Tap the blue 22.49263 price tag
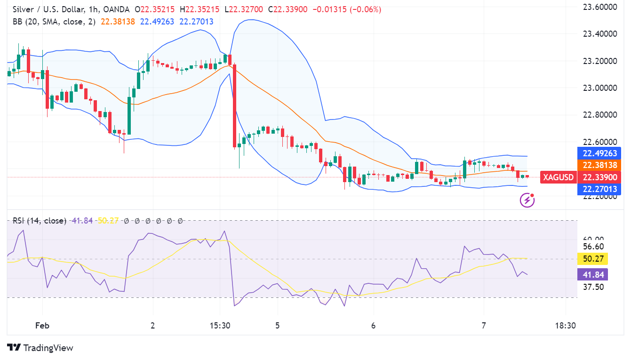(x=599, y=153)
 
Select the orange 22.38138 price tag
(x=599, y=165)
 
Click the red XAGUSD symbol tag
(x=558, y=177)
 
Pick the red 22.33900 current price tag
(x=599, y=177)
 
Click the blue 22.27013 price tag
(x=599, y=189)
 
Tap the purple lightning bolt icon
(x=527, y=200)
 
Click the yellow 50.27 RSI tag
(x=592, y=258)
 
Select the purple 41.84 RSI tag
(x=592, y=274)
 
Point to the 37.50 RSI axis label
(x=592, y=287)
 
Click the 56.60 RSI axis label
(x=592, y=247)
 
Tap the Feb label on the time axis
(x=42, y=326)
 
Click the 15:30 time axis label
(x=220, y=326)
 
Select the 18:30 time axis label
(x=565, y=326)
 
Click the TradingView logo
(x=40, y=348)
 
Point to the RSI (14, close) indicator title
(x=40, y=221)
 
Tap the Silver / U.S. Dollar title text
(x=48, y=9)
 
